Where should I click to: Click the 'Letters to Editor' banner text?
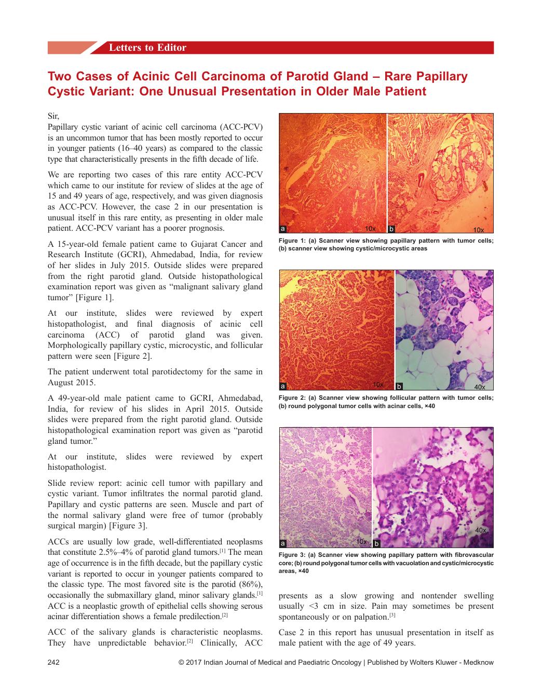pyautogui.click(x=147, y=48)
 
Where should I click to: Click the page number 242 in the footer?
pyautogui.click(x=54, y=662)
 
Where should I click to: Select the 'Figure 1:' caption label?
pyautogui.click(x=292, y=241)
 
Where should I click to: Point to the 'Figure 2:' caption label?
pyautogui.click(x=292, y=398)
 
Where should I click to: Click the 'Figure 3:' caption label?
pyautogui.click(x=292, y=555)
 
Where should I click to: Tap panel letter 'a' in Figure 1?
pyautogui.click(x=282, y=229)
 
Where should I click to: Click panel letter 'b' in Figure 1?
pyautogui.click(x=391, y=229)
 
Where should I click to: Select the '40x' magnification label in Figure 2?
pyautogui.click(x=480, y=387)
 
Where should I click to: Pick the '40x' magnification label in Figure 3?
pyautogui.click(x=481, y=530)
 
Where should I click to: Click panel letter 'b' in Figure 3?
pyautogui.click(x=376, y=543)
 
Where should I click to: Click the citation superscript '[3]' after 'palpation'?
pyautogui.click(x=392, y=615)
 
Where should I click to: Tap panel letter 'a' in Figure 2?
pyautogui.click(x=282, y=386)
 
